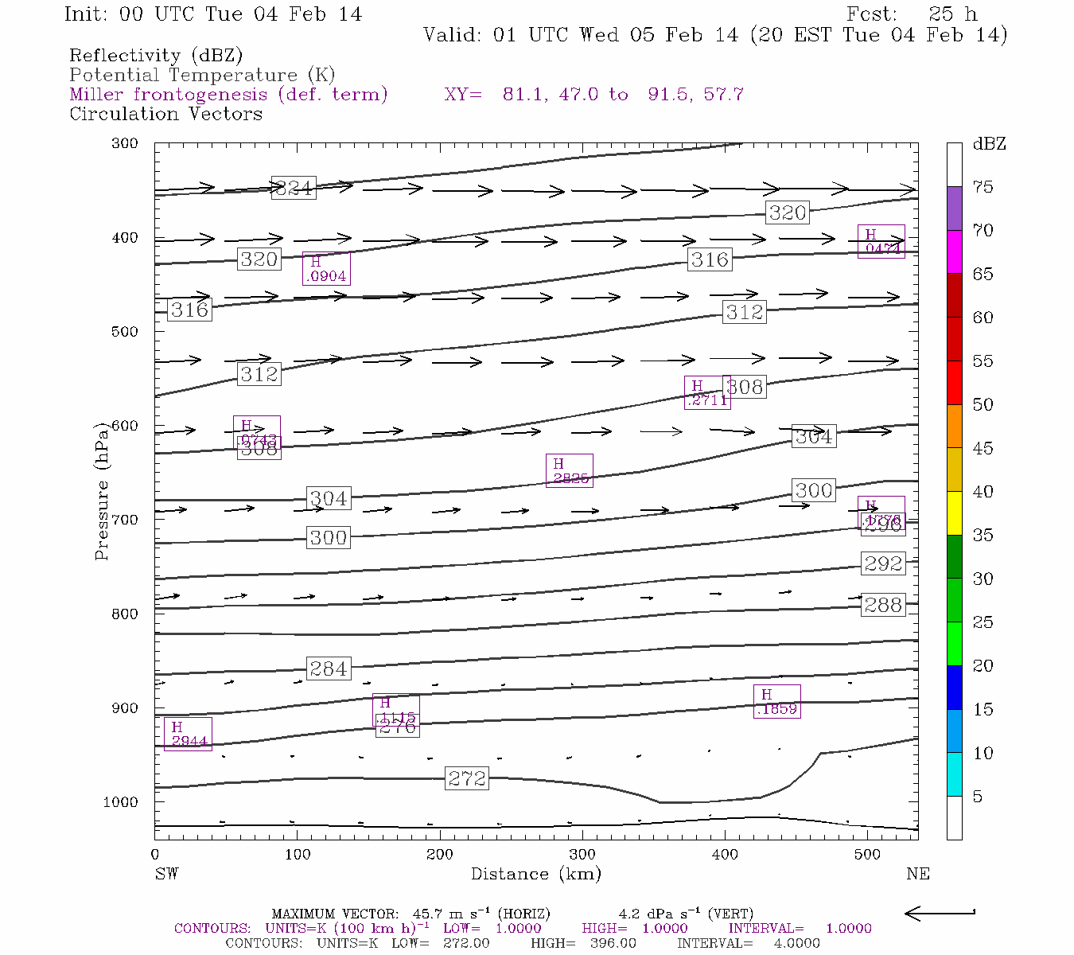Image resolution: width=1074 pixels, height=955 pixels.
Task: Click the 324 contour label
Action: [x=294, y=188]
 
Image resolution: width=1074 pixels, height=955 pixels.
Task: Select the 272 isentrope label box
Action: [x=466, y=778]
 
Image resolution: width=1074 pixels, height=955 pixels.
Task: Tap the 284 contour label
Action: [x=328, y=668]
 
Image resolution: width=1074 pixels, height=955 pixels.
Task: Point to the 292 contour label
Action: [x=883, y=563]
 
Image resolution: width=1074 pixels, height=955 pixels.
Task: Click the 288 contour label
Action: [x=883, y=605]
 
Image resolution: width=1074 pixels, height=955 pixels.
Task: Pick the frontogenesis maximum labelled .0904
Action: [x=326, y=268]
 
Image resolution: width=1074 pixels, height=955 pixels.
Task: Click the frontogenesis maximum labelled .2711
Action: [x=707, y=392]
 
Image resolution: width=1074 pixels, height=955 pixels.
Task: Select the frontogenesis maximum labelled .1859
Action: [x=777, y=701]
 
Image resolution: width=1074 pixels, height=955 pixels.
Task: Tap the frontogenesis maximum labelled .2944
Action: [x=188, y=734]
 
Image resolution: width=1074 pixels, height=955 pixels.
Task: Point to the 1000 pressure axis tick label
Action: [x=121, y=802]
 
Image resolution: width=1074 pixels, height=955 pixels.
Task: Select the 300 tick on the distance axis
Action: [x=582, y=855]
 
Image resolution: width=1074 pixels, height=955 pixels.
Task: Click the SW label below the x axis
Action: [x=166, y=874]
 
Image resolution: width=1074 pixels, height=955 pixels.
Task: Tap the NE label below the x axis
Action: [x=917, y=874]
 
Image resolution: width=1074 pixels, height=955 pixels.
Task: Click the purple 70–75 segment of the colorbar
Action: [x=955, y=209]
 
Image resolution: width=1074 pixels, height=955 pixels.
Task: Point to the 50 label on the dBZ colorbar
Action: [x=983, y=404]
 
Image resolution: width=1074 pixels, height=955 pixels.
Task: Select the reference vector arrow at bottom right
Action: [x=940, y=914]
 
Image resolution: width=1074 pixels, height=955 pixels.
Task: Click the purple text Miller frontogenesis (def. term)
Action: [x=228, y=94]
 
